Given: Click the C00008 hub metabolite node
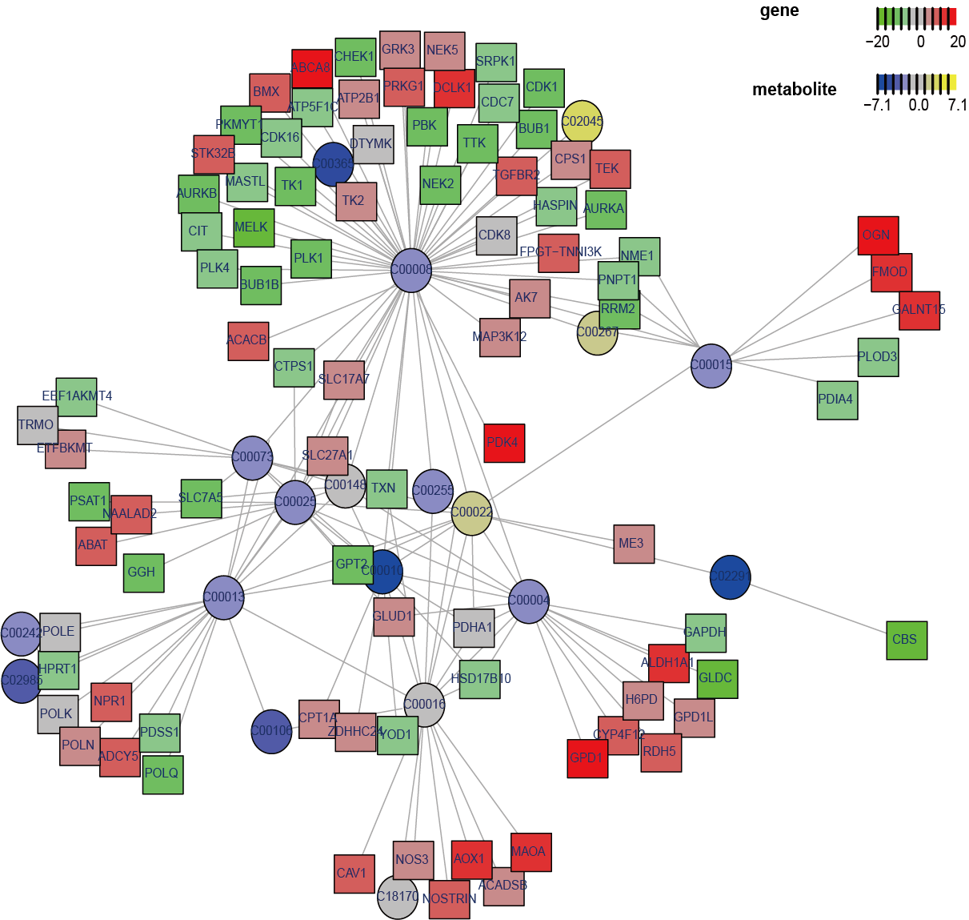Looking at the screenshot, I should (x=411, y=271).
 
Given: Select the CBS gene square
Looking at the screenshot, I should (x=907, y=640).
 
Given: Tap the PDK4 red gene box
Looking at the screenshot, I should (x=504, y=443).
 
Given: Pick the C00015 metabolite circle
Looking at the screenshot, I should (x=711, y=366).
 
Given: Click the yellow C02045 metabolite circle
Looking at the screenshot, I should (x=582, y=122).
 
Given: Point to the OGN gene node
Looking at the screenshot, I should (x=878, y=235).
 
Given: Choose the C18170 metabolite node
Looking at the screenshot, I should (x=397, y=897).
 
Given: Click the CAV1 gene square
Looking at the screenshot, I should (x=354, y=874).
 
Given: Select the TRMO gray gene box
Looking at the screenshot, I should (x=38, y=425).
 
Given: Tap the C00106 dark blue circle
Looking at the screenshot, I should (x=271, y=731).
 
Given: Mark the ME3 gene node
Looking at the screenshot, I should (x=634, y=544).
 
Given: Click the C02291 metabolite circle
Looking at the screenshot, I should (x=730, y=577).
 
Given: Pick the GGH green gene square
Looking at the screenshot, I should (x=144, y=572).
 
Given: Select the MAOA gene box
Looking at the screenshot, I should (x=531, y=852).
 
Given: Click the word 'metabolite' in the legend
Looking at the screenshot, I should (x=794, y=90).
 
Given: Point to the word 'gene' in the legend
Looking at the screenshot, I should (x=779, y=10).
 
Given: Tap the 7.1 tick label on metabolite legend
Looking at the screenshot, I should (x=957, y=105).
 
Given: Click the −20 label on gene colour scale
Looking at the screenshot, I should (x=878, y=42).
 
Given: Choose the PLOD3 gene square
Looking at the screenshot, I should (x=878, y=357).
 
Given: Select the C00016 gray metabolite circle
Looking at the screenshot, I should (x=424, y=705).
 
